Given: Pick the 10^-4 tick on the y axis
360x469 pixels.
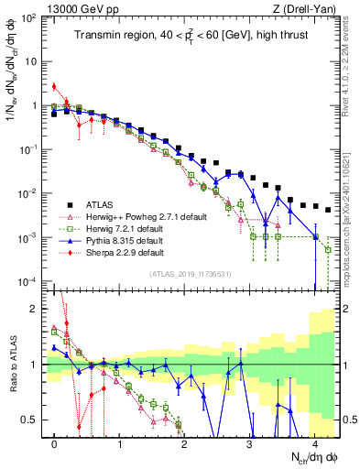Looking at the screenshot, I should (29, 281).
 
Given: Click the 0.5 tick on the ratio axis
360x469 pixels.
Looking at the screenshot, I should (32, 420).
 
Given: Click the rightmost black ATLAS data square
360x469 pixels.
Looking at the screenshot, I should (327, 209).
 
